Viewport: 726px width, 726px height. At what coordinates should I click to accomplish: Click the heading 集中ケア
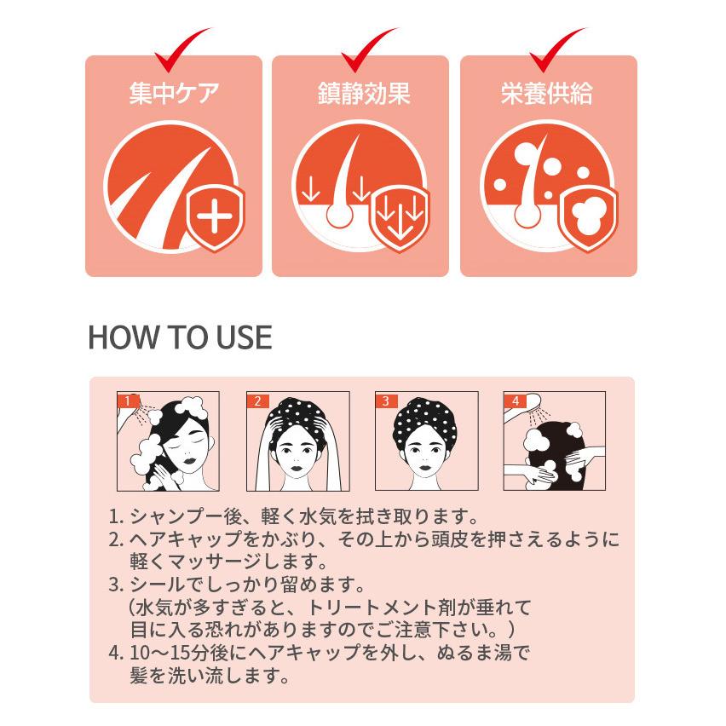tap(174, 93)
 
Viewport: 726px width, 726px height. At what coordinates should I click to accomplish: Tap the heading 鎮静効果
tap(364, 93)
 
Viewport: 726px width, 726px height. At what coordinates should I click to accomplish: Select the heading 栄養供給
tap(547, 93)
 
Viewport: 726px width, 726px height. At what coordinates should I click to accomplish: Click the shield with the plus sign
tap(215, 216)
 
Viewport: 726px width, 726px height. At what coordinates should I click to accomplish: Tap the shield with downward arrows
tap(400, 216)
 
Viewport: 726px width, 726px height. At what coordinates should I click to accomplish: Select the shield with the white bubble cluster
tap(588, 216)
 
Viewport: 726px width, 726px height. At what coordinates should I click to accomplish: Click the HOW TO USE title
tap(180, 337)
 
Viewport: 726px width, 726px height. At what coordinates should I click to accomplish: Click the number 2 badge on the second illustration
tap(257, 400)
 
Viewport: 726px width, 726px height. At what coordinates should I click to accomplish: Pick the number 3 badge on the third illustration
tap(386, 400)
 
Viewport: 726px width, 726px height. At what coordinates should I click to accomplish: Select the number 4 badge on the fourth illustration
tap(515, 400)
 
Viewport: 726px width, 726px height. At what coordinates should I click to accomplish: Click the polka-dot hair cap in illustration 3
tap(424, 419)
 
